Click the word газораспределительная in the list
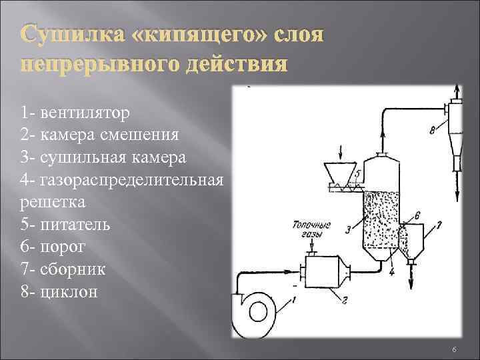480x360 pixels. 132,181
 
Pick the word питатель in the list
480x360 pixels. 76,225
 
